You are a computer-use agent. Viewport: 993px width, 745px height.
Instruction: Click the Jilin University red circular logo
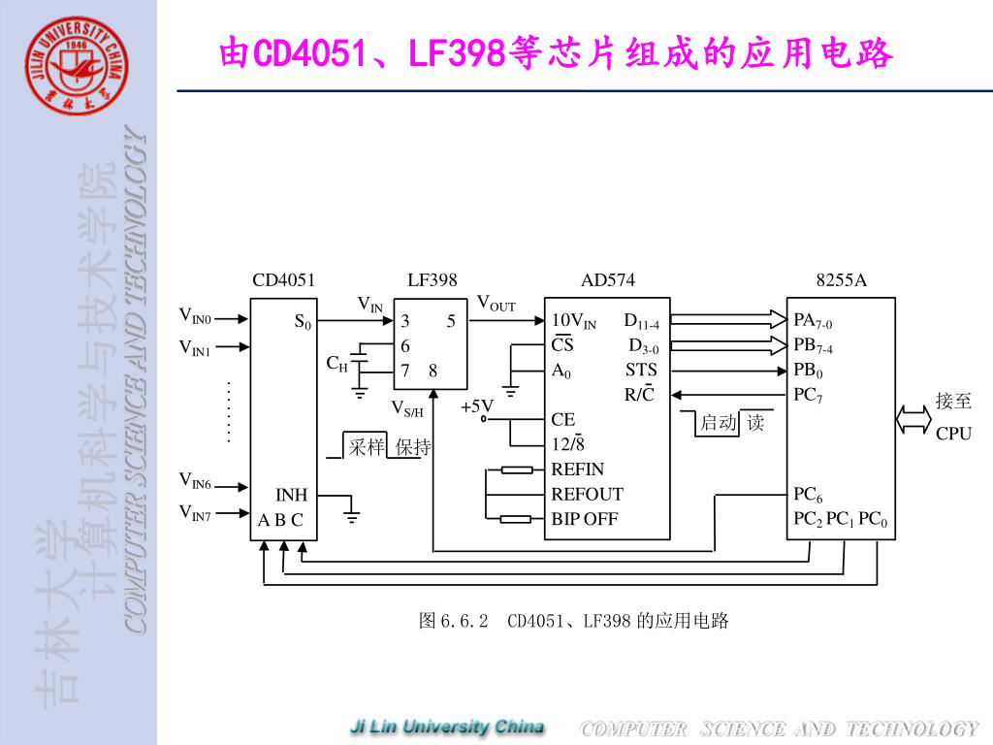77,65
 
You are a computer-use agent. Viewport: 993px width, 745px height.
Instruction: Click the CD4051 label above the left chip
283,280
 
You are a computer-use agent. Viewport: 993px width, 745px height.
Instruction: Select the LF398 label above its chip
432,280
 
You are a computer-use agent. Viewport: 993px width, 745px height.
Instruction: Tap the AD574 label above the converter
607,280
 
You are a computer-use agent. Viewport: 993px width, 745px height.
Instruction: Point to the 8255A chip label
841,280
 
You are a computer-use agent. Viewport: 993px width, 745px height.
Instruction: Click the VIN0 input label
195,315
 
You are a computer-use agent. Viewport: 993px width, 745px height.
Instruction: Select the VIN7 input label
195,512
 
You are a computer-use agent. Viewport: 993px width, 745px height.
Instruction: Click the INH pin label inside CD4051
291,495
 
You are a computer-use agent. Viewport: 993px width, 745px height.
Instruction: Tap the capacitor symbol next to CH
360,362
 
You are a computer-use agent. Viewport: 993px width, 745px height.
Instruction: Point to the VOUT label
496,304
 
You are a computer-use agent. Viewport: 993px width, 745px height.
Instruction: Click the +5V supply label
477,406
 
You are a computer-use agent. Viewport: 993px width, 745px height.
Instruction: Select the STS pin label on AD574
641,370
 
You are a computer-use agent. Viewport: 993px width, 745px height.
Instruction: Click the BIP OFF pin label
584,519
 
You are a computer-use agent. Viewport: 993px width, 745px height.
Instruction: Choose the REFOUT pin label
587,494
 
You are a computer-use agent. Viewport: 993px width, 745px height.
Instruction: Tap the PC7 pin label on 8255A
808,395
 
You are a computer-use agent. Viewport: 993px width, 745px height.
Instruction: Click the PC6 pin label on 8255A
808,496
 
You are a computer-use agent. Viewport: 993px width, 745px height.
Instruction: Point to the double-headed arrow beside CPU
913,418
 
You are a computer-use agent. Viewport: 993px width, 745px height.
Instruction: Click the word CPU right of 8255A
953,434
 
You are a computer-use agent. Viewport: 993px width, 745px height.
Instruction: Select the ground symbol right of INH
352,514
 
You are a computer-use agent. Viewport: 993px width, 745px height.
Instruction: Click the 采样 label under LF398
367,447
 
